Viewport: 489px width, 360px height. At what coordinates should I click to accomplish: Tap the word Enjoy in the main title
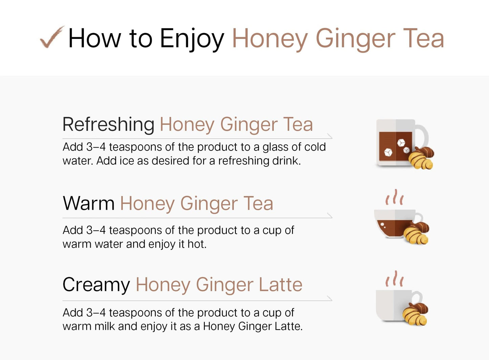pyautogui.click(x=192, y=39)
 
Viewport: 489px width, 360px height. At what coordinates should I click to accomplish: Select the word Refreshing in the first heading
pyautogui.click(x=109, y=125)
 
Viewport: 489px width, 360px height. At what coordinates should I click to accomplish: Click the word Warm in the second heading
pyautogui.click(x=89, y=203)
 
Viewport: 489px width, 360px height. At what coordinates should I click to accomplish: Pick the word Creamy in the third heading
pyautogui.click(x=96, y=285)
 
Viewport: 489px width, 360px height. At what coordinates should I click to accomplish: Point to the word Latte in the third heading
pyautogui.click(x=281, y=285)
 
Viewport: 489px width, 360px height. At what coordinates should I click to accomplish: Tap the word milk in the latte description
pyautogui.click(x=105, y=327)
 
